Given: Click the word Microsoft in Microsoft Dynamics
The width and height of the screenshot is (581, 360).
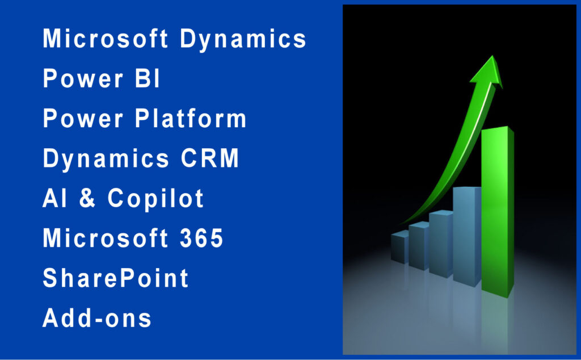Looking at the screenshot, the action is pyautogui.click(x=105, y=38).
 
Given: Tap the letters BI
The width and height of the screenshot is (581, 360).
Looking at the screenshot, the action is pyautogui.click(x=147, y=78).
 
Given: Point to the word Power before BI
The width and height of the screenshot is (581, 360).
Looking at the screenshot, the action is pyautogui.click(x=83, y=78).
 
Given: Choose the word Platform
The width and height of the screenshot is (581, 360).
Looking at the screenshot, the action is pyautogui.click(x=191, y=118).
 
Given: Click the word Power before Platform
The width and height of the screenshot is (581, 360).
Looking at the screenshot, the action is pyautogui.click(x=83, y=118).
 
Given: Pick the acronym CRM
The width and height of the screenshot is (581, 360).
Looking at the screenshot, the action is pyautogui.click(x=210, y=158).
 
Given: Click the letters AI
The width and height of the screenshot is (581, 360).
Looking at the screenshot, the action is pyautogui.click(x=54, y=198).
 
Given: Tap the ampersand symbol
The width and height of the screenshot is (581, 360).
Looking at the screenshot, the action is pyautogui.click(x=87, y=198).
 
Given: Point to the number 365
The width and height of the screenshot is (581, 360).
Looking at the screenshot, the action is pyautogui.click(x=201, y=238).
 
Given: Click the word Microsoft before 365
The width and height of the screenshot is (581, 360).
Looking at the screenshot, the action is pyautogui.click(x=105, y=238).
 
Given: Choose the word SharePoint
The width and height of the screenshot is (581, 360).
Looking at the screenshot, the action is pyautogui.click(x=116, y=278).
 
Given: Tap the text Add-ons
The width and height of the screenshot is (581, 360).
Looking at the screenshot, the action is pyautogui.click(x=97, y=317).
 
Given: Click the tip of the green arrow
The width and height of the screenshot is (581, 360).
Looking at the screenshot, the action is pyautogui.click(x=492, y=56).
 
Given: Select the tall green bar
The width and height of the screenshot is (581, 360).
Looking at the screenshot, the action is pyautogui.click(x=497, y=211).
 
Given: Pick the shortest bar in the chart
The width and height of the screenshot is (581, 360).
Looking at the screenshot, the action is pyautogui.click(x=400, y=247).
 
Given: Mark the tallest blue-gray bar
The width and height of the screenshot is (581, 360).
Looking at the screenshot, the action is pyautogui.click(x=467, y=236).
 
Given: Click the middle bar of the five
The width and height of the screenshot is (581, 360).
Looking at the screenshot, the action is pyautogui.click(x=441, y=244).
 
